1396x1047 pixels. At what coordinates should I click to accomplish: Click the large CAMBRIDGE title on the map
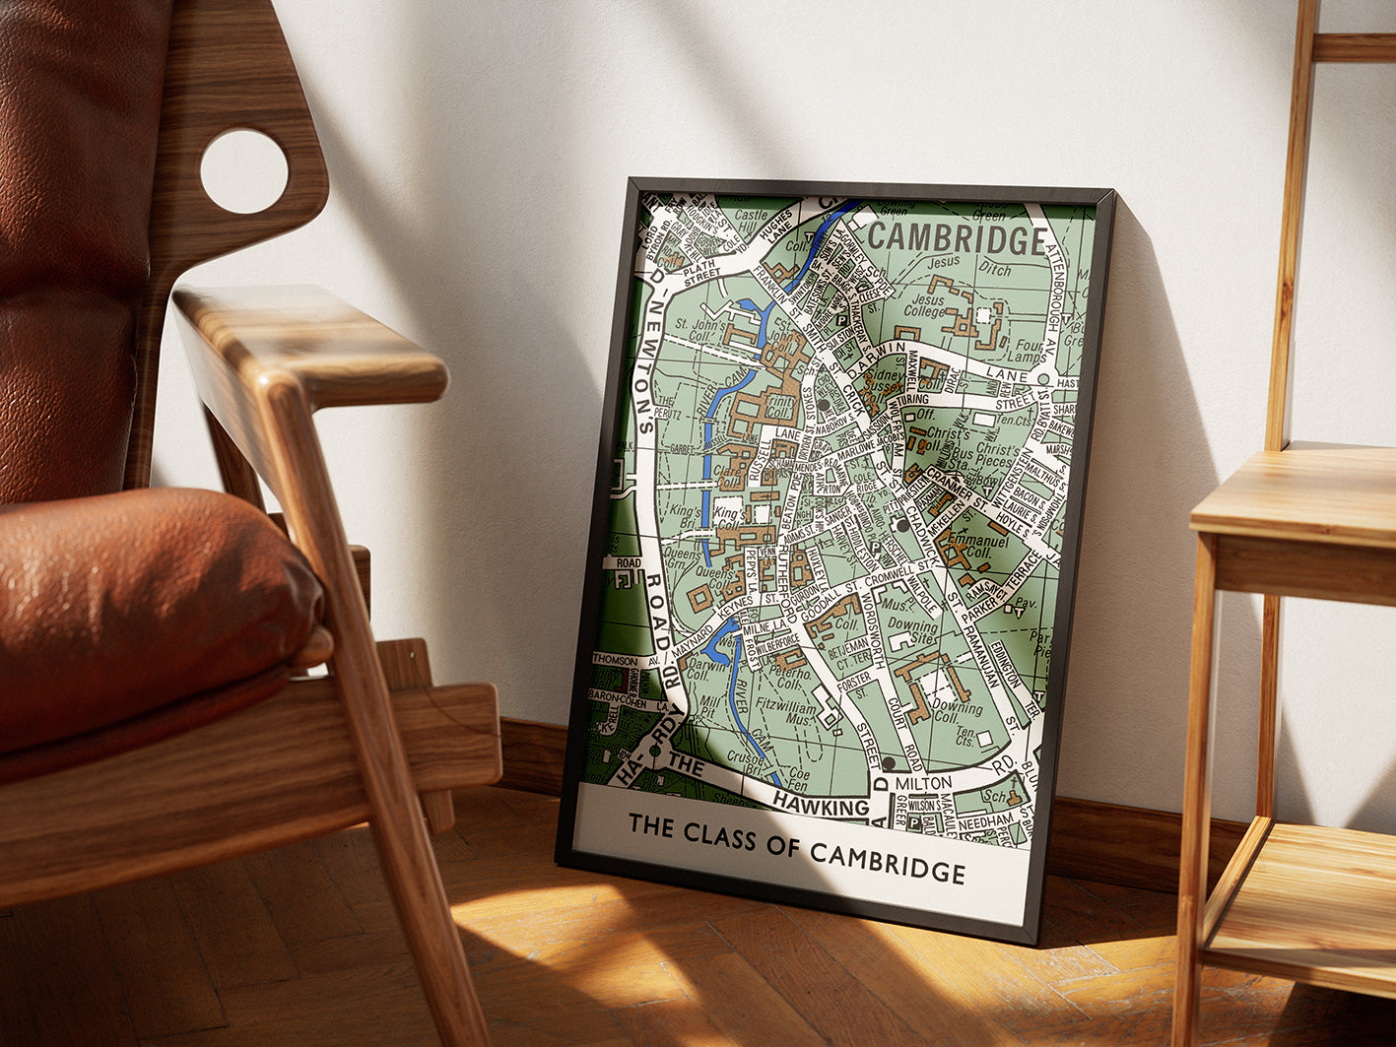[957, 239]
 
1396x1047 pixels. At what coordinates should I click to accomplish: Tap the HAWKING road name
[820, 805]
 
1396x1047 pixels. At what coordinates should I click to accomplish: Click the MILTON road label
[923, 782]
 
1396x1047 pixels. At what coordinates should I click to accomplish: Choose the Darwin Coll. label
[706, 671]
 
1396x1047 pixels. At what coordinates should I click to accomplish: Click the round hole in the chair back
[244, 171]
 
